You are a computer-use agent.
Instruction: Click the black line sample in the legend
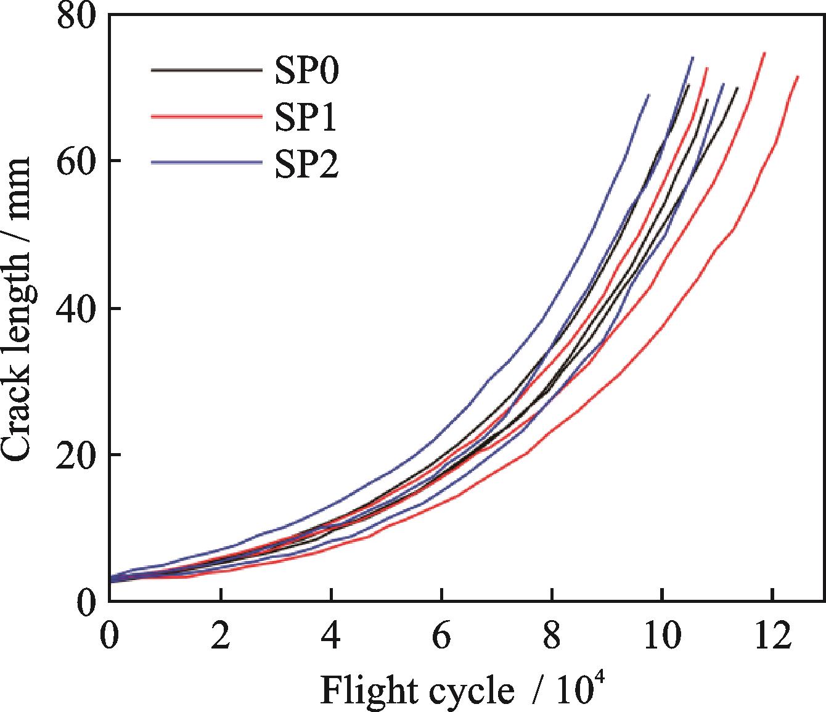[x=205, y=70]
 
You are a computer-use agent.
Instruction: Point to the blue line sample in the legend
[x=205, y=163]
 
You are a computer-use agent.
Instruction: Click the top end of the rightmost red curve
[x=798, y=76]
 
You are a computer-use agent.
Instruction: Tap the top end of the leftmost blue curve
[x=649, y=95]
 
